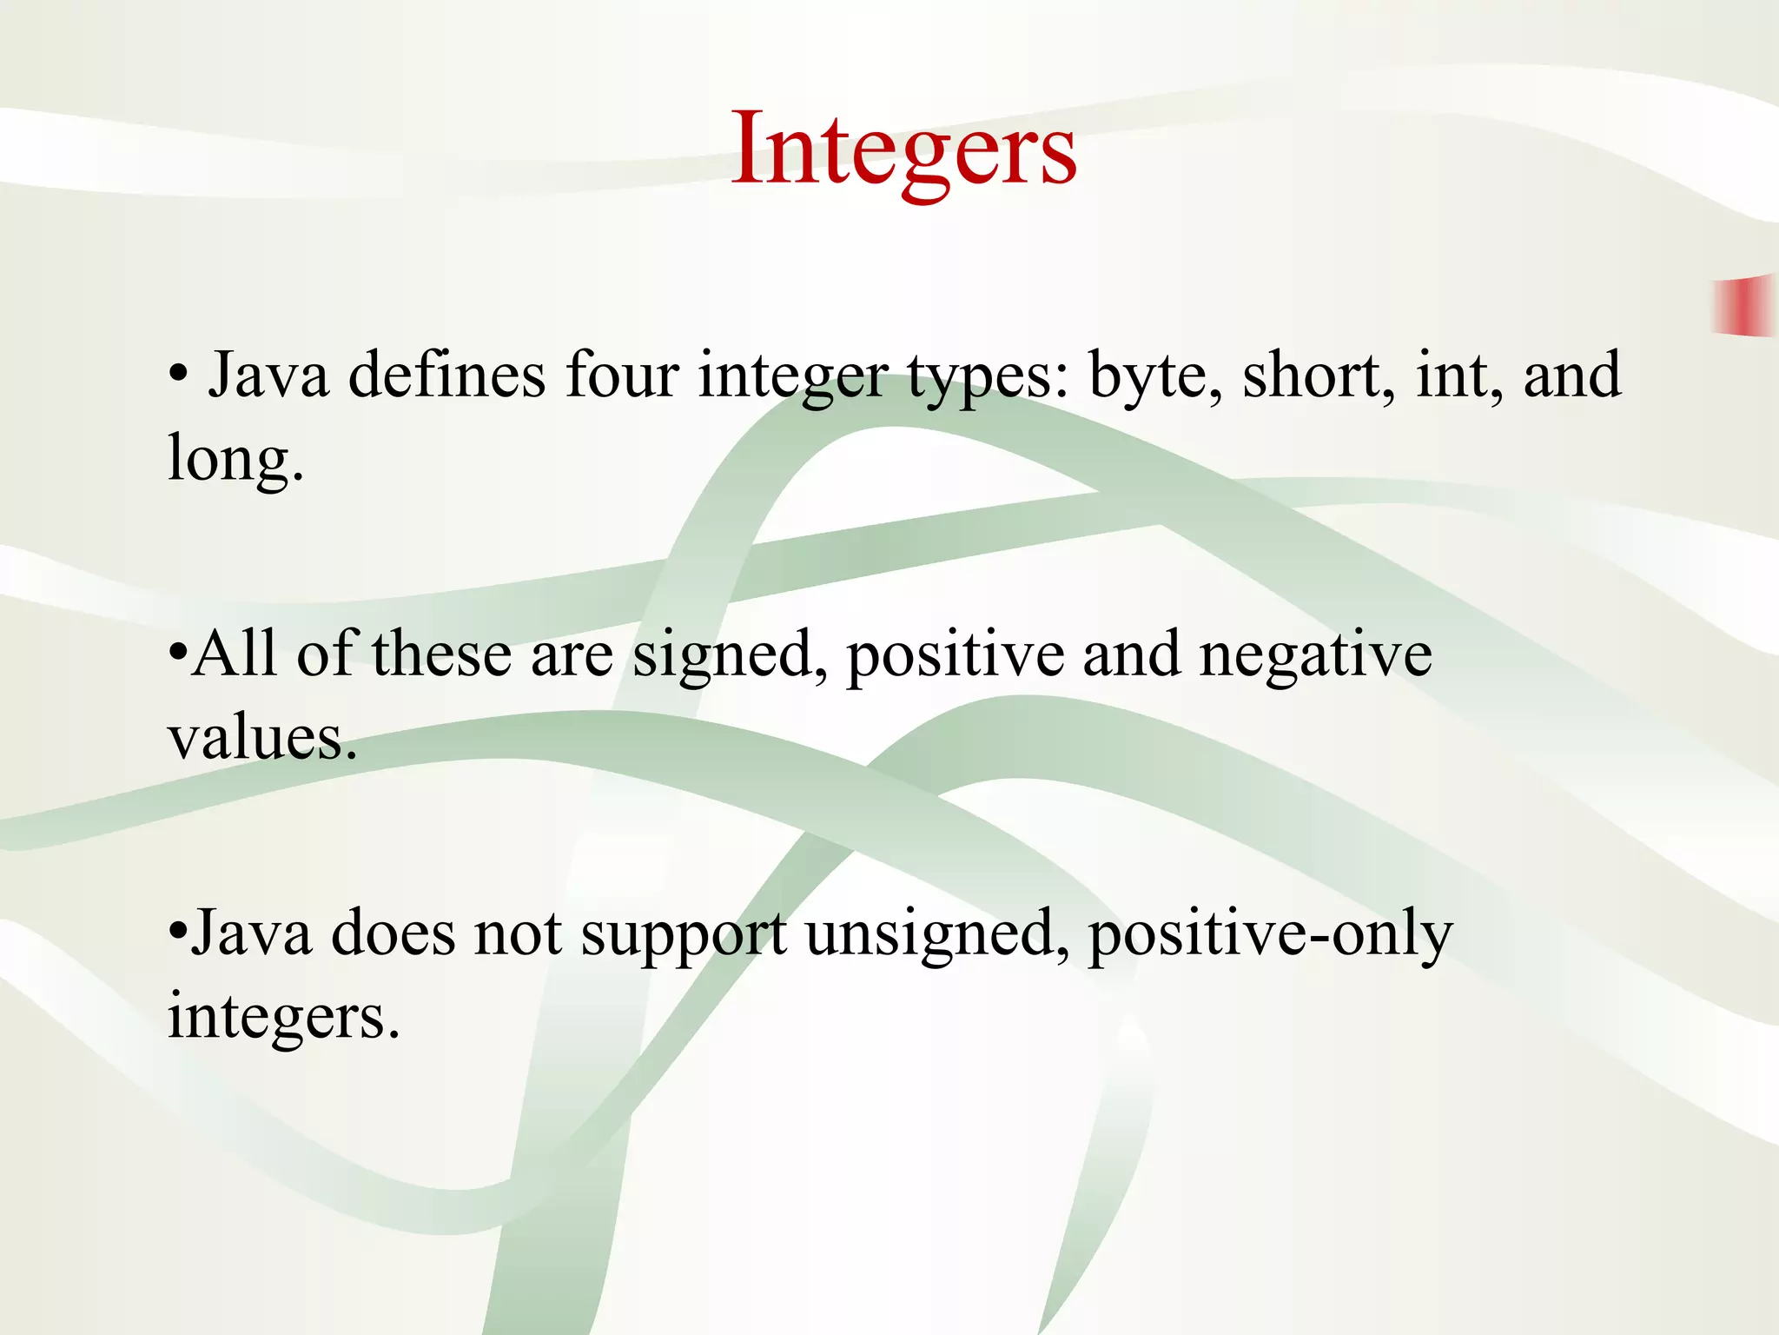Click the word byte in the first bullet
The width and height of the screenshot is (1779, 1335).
point(1154,375)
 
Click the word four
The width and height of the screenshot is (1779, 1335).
point(621,375)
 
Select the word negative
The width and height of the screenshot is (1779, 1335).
point(1315,654)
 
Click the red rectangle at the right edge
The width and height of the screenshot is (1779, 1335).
point(1743,305)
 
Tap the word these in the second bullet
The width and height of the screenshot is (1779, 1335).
point(441,654)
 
